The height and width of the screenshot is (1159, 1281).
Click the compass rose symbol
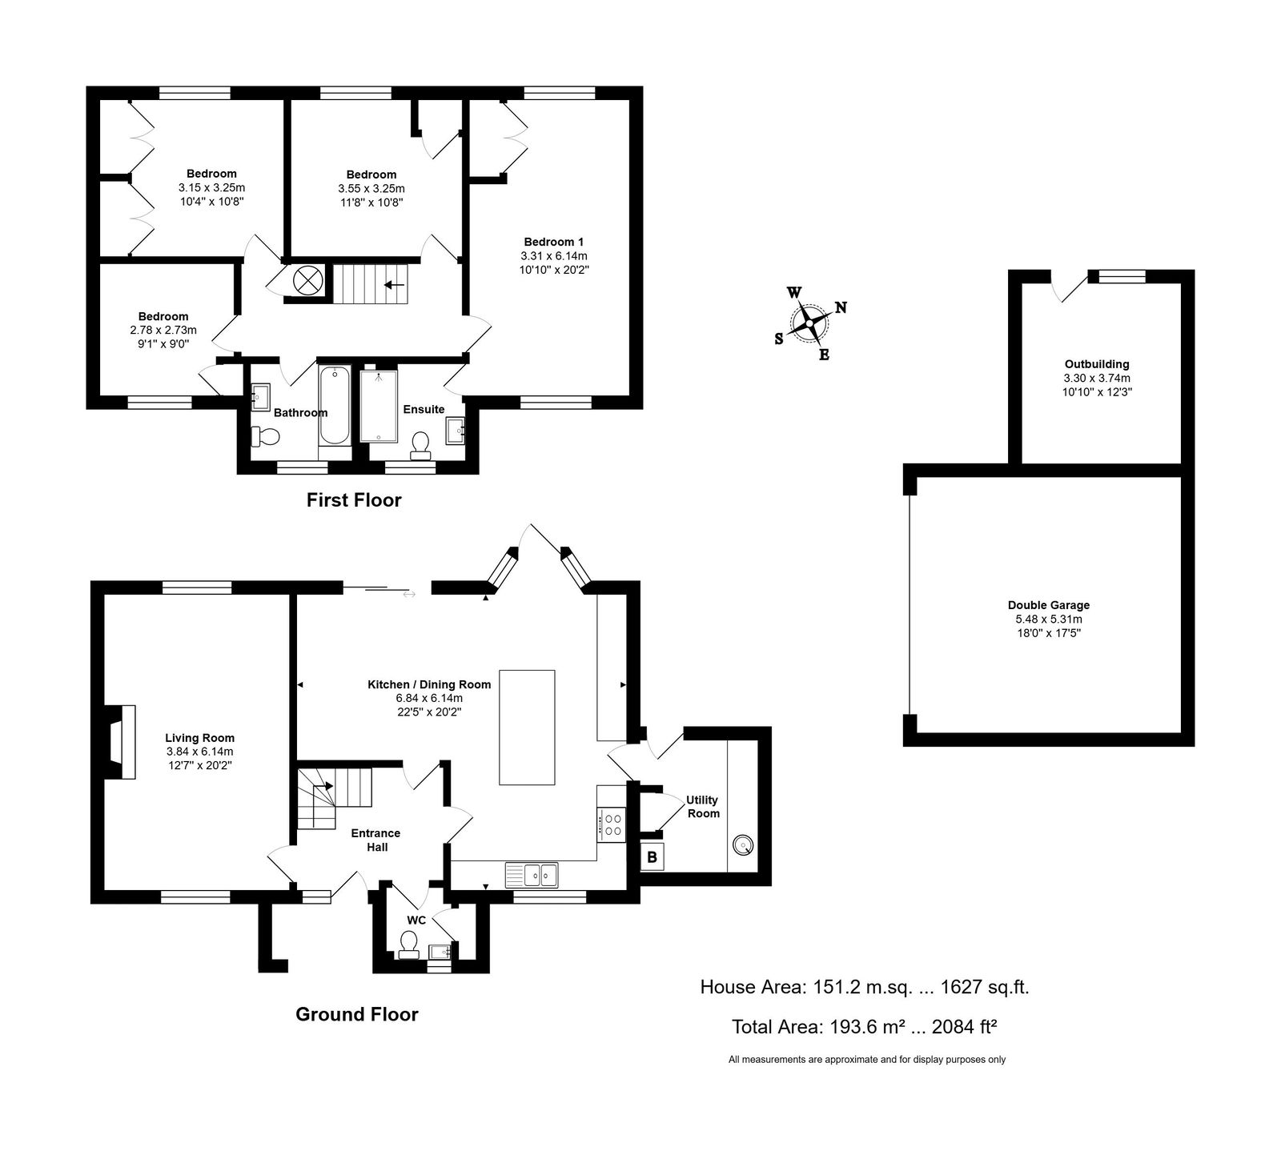810,323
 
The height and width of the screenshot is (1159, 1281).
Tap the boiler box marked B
653,857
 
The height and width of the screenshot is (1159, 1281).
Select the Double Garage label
1049,605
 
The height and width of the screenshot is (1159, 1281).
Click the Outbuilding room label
1097,364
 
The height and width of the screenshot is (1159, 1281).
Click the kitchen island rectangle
527,728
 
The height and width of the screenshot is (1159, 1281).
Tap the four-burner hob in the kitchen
613,824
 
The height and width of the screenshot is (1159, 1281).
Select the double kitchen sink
532,874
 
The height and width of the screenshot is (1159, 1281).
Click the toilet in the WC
409,944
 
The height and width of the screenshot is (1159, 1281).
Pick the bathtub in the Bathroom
334,405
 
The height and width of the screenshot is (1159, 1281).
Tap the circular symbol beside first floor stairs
306,280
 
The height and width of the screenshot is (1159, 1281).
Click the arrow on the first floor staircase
394,284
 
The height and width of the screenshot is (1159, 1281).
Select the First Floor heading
354,500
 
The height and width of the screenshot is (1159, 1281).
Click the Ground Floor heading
357,1014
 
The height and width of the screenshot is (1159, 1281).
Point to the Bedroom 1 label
548,242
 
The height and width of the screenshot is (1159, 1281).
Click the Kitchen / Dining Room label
429,684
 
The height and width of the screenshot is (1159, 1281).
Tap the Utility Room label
703,807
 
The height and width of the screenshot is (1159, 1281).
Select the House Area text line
865,987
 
